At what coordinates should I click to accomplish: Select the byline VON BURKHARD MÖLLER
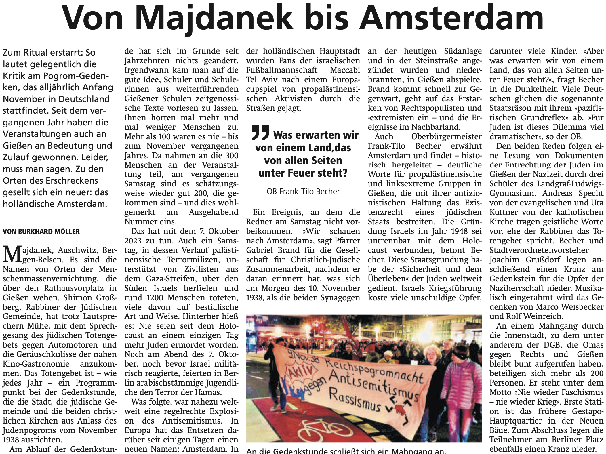tap(41, 231)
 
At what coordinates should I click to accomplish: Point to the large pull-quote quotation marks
tap(260, 132)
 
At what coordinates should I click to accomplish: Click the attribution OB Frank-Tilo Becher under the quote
tap(303, 191)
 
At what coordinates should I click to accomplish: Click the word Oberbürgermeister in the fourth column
tap(446, 136)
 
